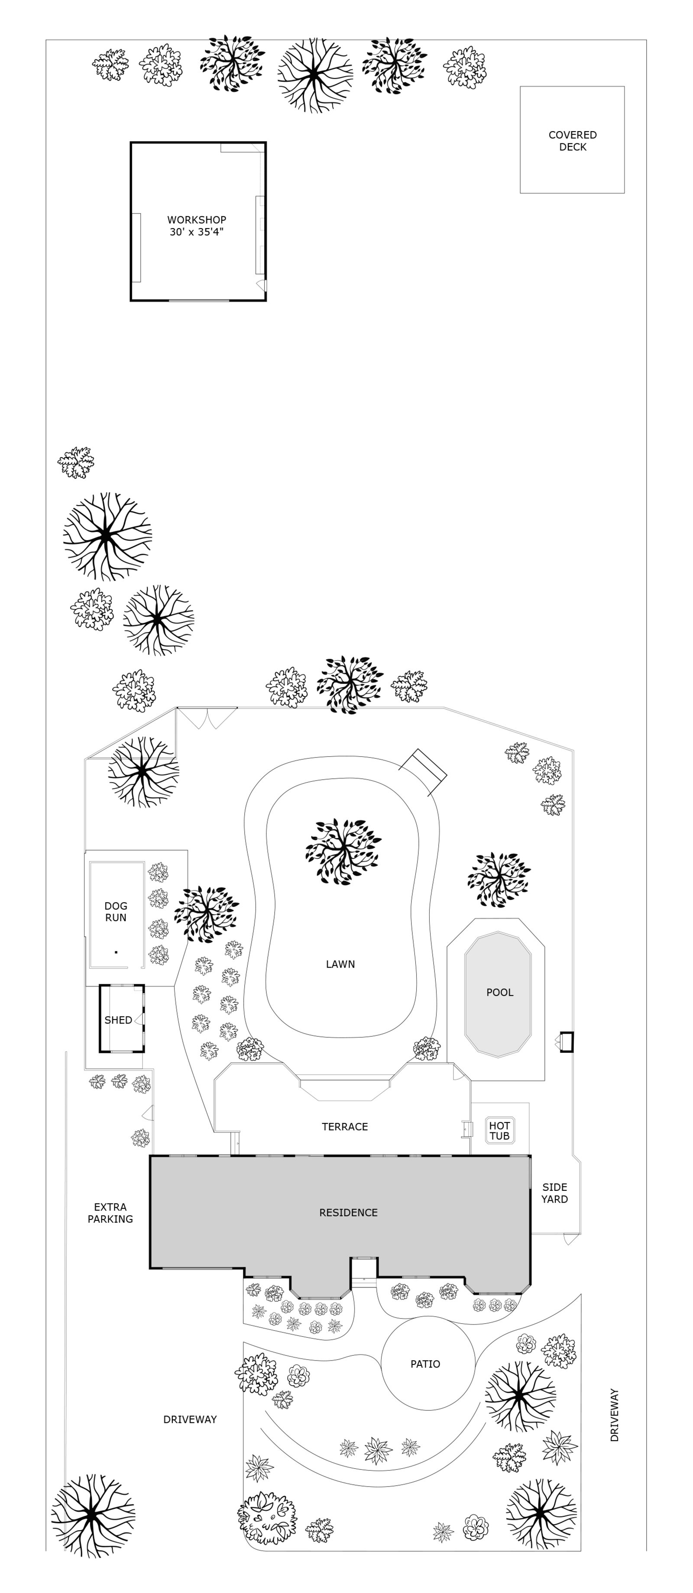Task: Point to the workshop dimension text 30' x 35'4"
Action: click(197, 232)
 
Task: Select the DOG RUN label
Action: click(116, 912)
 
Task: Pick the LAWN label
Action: click(340, 964)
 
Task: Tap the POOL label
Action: click(499, 993)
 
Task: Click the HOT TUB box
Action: click(499, 1130)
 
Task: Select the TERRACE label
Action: click(345, 1127)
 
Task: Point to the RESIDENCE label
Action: click(348, 1212)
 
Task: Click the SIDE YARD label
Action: click(554, 1193)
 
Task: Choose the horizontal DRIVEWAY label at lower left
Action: click(190, 1419)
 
